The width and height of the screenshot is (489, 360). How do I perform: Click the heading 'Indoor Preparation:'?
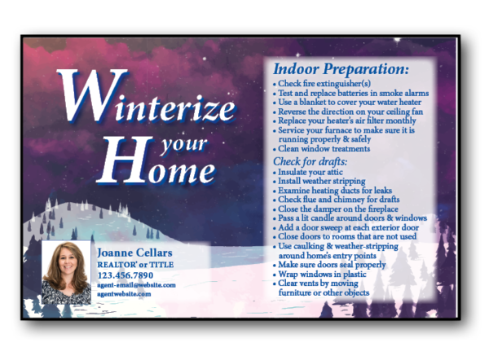click(x=341, y=69)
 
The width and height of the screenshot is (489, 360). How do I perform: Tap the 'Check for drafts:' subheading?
click(x=311, y=161)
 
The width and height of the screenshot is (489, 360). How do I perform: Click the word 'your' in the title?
click(x=183, y=145)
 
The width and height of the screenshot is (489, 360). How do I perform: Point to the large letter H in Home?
click(x=122, y=160)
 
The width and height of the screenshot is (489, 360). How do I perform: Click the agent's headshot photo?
click(x=67, y=272)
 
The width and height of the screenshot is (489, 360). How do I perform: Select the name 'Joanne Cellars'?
click(x=134, y=252)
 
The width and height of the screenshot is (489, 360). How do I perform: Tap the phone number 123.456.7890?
click(x=126, y=275)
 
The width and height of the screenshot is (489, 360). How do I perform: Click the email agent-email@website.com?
click(x=136, y=285)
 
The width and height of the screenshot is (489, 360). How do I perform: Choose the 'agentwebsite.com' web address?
click(x=124, y=293)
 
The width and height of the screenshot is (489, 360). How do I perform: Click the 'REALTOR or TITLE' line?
click(x=135, y=265)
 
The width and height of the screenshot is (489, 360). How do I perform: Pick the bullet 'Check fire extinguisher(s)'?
click(x=322, y=84)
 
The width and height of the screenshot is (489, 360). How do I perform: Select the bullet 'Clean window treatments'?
click(x=322, y=149)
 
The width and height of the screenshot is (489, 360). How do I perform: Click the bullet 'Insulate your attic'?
click(x=308, y=172)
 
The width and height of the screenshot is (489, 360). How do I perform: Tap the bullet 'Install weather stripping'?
click(x=319, y=181)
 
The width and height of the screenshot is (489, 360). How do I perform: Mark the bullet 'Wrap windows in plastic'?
click(x=319, y=274)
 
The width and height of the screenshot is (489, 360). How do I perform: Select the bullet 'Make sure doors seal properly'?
click(x=329, y=265)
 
